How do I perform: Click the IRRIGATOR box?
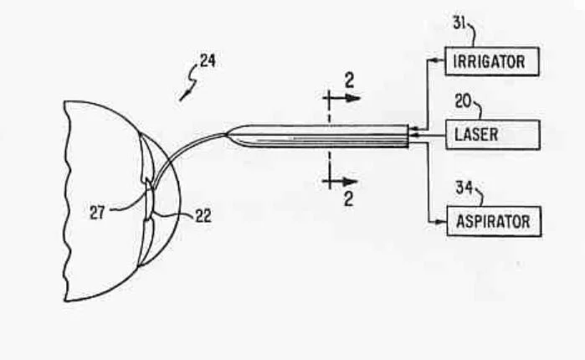[490, 61]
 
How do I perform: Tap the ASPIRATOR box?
[493, 222]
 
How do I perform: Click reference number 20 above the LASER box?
[463, 102]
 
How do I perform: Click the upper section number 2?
[350, 80]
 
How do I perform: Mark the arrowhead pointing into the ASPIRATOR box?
[442, 222]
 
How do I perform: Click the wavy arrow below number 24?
[187, 88]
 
